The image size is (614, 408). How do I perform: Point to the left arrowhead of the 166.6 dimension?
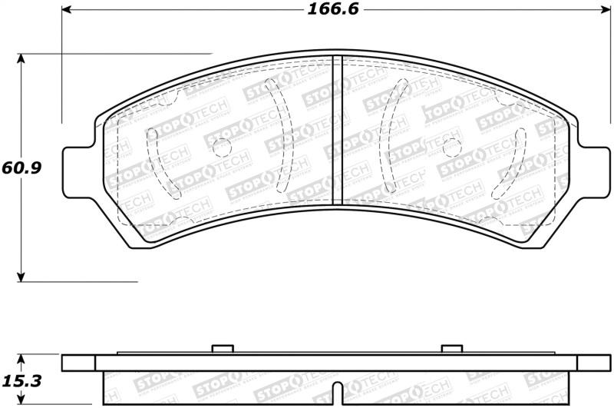click(67, 10)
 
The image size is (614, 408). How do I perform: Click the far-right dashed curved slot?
click(521, 161)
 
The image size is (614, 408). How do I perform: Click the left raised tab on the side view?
click(221, 350)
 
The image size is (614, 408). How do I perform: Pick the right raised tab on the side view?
click(451, 350)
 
